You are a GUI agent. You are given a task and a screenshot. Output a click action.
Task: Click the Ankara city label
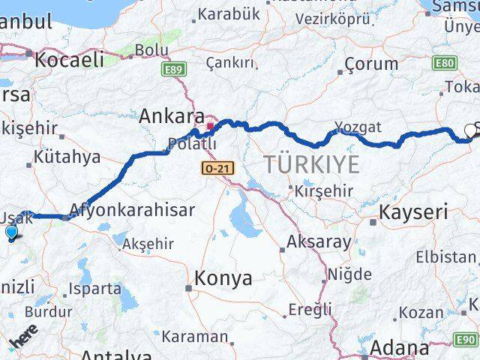(172, 116)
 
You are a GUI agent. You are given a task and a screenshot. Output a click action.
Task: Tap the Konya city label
(223, 278)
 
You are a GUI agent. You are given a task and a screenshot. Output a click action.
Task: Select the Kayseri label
(413, 212)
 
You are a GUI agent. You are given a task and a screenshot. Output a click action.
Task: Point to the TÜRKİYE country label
(310, 163)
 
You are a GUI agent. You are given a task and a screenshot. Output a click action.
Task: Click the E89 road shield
(172, 70)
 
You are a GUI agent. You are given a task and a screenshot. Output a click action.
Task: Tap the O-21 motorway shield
(217, 169)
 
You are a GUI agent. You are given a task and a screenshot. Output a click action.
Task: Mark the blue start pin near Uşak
(11, 233)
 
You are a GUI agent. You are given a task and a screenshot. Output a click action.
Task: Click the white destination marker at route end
(471, 129)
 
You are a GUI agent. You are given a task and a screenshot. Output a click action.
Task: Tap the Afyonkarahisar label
(132, 210)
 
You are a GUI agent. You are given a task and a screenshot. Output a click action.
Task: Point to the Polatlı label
(192, 143)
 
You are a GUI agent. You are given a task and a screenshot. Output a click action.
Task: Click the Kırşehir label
(323, 190)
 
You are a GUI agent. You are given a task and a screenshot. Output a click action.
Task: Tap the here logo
(25, 338)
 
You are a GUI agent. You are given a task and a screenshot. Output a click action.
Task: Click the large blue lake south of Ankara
(243, 217)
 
